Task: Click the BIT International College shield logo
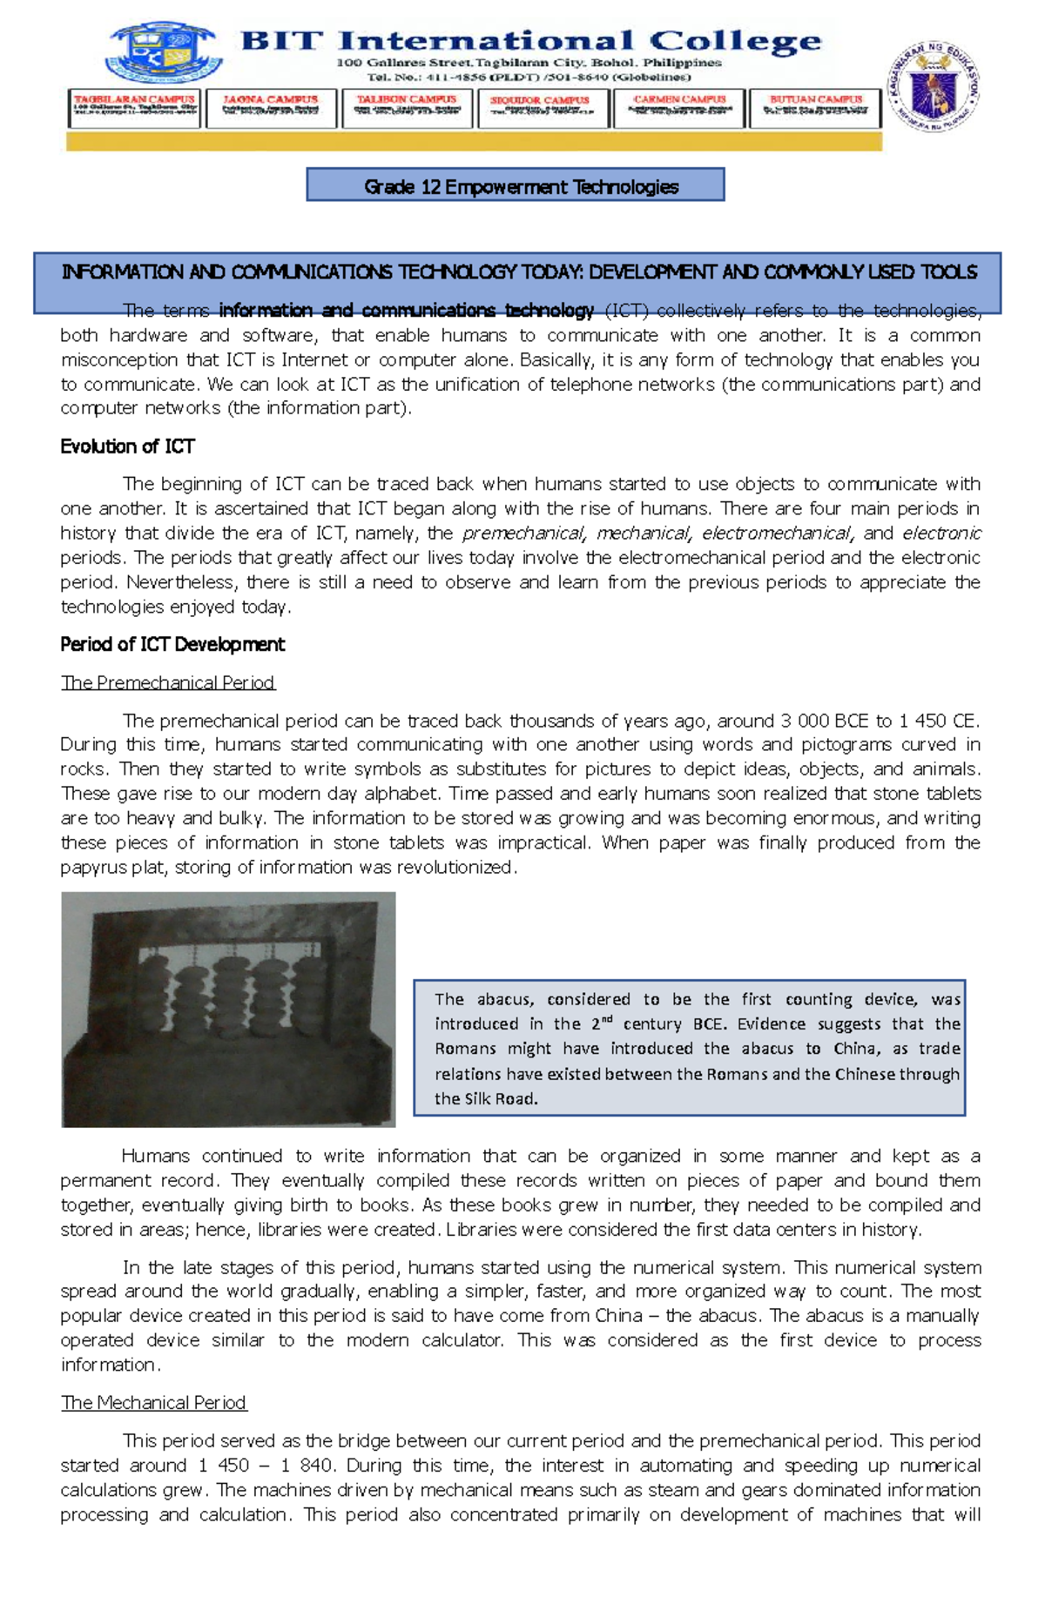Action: click(165, 53)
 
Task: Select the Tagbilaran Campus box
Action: click(134, 108)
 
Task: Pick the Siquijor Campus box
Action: click(540, 108)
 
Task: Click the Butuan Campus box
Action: click(815, 108)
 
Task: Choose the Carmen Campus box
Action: click(679, 108)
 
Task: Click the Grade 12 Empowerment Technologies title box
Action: click(516, 185)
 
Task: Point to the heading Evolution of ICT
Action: click(127, 446)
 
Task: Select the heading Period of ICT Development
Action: click(172, 644)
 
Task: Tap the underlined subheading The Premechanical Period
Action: click(168, 682)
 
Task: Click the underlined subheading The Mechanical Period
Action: click(154, 1402)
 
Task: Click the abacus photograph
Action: click(228, 1009)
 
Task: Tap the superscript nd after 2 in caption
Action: click(607, 1019)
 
